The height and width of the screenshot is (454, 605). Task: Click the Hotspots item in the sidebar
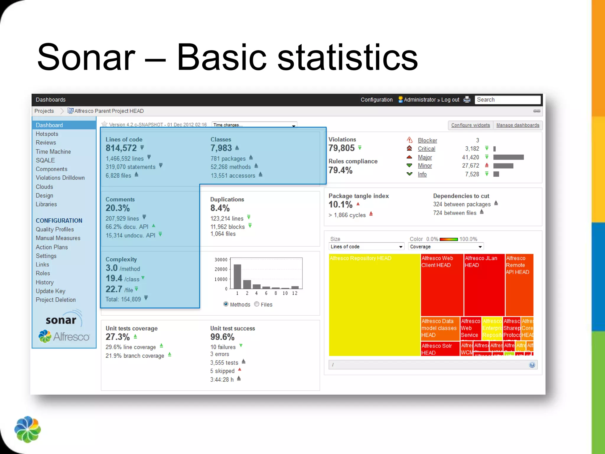47,134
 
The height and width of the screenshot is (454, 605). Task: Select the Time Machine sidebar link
53,152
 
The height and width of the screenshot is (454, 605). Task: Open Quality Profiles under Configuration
55,229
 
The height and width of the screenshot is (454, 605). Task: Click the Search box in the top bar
507,100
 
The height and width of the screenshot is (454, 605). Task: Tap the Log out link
450,100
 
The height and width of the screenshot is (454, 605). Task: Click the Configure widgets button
470,125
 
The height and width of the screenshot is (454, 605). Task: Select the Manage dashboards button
518,125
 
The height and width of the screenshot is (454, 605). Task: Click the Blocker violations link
427,140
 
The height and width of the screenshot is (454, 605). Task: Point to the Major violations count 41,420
470,157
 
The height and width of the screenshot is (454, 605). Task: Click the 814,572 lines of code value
121,148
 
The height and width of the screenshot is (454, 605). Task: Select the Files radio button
257,304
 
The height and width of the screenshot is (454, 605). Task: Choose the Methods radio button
226,304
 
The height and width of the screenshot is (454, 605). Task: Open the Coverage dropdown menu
445,247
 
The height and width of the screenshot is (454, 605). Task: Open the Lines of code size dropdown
366,247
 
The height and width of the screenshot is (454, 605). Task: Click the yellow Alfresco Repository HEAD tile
374,304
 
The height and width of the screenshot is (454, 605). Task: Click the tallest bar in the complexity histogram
237,276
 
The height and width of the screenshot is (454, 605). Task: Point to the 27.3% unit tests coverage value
118,337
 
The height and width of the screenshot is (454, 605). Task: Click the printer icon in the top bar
467,100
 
